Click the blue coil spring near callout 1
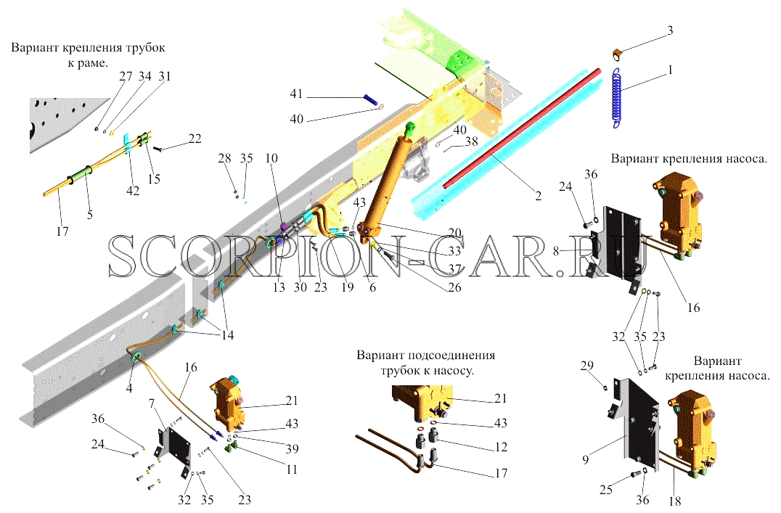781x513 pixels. [x=618, y=98]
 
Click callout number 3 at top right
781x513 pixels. [x=670, y=31]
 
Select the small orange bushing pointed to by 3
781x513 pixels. [x=617, y=54]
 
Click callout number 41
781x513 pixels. [x=296, y=94]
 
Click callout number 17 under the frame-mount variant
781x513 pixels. [x=62, y=231]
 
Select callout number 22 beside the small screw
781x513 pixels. [x=195, y=139]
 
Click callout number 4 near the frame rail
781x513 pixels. [x=129, y=388]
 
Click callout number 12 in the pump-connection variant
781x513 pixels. [x=501, y=447]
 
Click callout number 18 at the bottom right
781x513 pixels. [x=675, y=501]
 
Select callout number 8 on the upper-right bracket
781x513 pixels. [x=556, y=251]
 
